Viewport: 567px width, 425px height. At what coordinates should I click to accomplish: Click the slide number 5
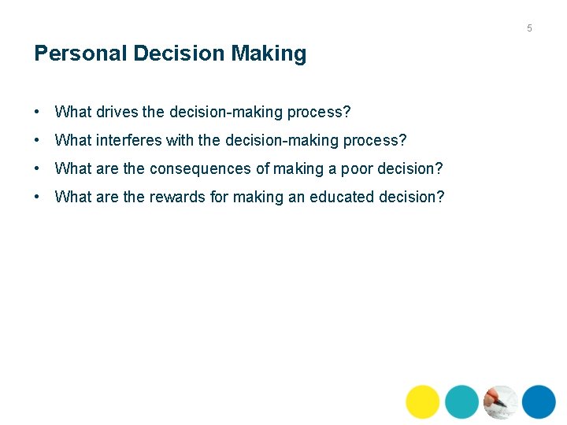(529, 28)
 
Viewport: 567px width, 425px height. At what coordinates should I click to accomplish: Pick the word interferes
(129, 140)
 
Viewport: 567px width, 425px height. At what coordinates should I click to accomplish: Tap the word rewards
(177, 197)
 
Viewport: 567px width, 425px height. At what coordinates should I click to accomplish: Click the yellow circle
(423, 401)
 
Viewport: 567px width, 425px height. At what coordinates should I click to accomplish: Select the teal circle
(461, 401)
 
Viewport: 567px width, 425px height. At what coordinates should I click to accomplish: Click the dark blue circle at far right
(539, 401)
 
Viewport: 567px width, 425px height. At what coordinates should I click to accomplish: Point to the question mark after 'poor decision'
(439, 168)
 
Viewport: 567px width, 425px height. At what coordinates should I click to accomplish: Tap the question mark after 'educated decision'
(440, 197)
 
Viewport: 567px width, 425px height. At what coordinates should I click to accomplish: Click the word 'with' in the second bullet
(180, 140)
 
